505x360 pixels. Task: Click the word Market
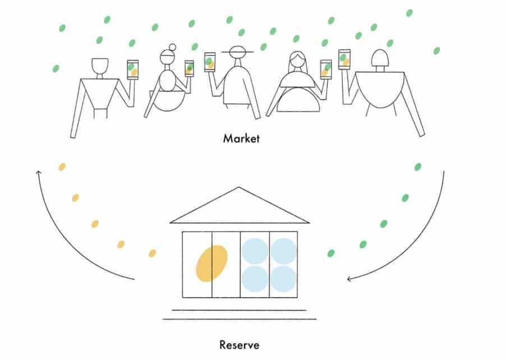click(241, 139)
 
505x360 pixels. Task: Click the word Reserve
click(239, 345)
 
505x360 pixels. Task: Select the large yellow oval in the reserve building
click(212, 264)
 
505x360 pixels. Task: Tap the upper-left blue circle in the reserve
click(255, 251)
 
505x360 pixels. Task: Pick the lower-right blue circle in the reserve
click(283, 279)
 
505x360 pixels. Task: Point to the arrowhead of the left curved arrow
click(38, 173)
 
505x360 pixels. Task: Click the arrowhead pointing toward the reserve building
click(350, 279)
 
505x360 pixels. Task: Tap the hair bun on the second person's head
click(173, 47)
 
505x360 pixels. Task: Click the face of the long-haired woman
click(297, 59)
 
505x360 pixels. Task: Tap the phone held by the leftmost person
click(132, 70)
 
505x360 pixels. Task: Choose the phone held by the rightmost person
click(345, 59)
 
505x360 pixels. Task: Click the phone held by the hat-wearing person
click(210, 62)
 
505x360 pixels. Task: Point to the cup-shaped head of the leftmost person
click(100, 66)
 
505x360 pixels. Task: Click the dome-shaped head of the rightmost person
click(380, 58)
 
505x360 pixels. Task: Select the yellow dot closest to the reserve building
click(152, 253)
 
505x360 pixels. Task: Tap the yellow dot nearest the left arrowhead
click(62, 167)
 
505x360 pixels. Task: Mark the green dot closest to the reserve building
click(330, 253)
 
